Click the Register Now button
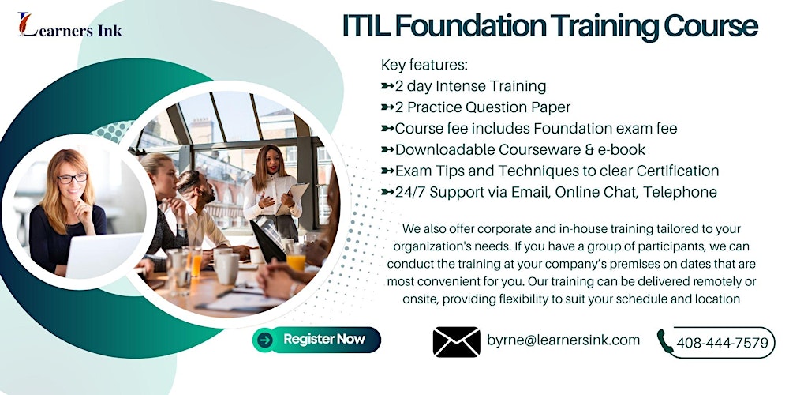pyautogui.click(x=317, y=340)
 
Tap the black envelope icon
pyautogui.click(x=456, y=341)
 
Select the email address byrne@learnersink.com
pyautogui.click(x=563, y=340)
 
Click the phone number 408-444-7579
pyautogui.click(x=721, y=343)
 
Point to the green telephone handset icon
pyautogui.click(x=665, y=341)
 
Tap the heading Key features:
pyautogui.click(x=424, y=65)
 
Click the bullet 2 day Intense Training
pyautogui.click(x=469, y=86)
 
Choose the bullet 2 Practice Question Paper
pyautogui.click(x=482, y=107)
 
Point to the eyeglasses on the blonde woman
pyautogui.click(x=72, y=179)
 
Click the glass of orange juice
pyautogui.click(x=296, y=260)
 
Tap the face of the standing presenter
pyautogui.click(x=271, y=162)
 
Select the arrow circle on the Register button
pyautogui.click(x=266, y=340)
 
